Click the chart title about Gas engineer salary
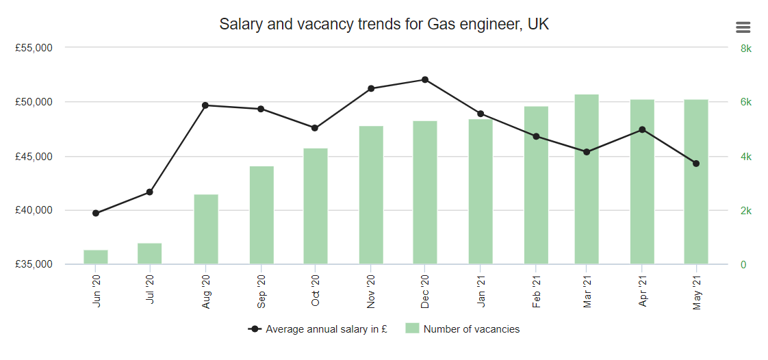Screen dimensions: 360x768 (x=384, y=25)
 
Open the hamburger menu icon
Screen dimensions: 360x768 (x=743, y=27)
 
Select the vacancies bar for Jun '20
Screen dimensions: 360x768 (x=96, y=257)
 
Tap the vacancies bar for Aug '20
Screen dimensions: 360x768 (x=206, y=229)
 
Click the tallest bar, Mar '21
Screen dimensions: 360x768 (x=587, y=179)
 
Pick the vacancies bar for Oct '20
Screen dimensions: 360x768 (x=316, y=206)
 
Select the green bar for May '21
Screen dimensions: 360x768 (x=696, y=182)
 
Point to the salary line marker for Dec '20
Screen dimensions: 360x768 (x=425, y=79)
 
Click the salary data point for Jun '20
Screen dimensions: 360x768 (x=96, y=213)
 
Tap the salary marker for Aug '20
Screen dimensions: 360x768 (x=205, y=105)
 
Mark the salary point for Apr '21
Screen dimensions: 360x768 (x=642, y=129)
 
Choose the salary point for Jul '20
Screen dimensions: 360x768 (x=150, y=192)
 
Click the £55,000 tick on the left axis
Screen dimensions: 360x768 (x=34, y=48)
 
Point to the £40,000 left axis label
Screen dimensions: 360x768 (x=34, y=210)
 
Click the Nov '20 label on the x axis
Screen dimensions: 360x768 (x=371, y=290)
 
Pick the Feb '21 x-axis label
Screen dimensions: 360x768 (x=536, y=290)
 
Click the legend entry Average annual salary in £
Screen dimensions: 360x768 (x=319, y=329)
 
